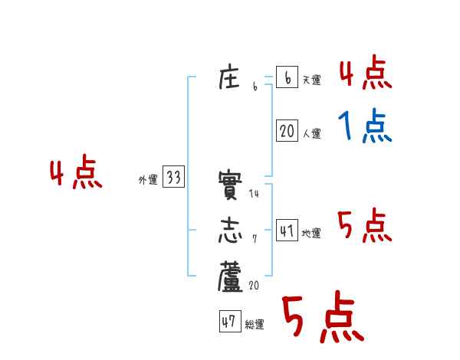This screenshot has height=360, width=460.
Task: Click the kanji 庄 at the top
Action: pyautogui.click(x=231, y=79)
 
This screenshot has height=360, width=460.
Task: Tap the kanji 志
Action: pyautogui.click(x=231, y=230)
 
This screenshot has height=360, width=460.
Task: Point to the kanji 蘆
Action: pyautogui.click(x=231, y=277)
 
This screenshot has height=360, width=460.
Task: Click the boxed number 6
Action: pyautogui.click(x=287, y=78)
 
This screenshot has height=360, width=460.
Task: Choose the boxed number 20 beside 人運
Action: pyautogui.click(x=287, y=131)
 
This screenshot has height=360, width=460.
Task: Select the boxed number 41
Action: pyautogui.click(x=287, y=230)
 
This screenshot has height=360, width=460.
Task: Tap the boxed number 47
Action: pyautogui.click(x=228, y=322)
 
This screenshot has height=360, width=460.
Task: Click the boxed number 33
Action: pyautogui.click(x=173, y=178)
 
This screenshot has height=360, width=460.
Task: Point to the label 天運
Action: pyautogui.click(x=310, y=80)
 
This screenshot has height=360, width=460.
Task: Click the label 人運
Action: pyautogui.click(x=310, y=133)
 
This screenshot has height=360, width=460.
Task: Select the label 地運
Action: pyautogui.click(x=310, y=233)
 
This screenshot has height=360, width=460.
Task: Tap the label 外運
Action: pyautogui.click(x=148, y=180)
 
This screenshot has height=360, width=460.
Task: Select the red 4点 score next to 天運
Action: pyautogui.click(x=365, y=75)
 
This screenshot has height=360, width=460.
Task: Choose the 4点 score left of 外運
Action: pyautogui.click(x=75, y=174)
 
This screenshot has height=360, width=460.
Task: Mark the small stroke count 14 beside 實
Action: pyautogui.click(x=255, y=195)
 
